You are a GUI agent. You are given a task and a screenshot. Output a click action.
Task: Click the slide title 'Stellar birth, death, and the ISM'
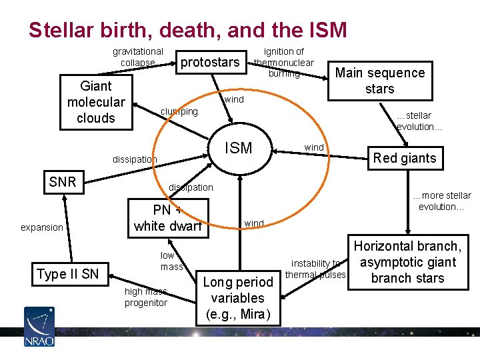188,30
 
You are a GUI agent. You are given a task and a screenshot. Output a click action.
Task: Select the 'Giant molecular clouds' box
96,102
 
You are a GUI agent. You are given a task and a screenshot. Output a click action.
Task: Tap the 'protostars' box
210,62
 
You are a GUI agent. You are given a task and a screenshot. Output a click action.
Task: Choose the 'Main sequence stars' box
379,81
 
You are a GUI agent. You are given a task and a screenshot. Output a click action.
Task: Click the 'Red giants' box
404,158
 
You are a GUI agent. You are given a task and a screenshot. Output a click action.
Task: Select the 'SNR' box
63,181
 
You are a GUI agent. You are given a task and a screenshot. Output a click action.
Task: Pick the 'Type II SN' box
67,273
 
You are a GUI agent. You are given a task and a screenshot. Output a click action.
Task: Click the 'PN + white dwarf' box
167,218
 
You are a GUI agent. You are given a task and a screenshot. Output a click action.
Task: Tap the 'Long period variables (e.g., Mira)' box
238,298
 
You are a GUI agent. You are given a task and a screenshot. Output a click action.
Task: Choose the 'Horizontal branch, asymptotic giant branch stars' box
407,262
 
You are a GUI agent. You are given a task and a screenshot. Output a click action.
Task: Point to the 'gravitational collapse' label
137,57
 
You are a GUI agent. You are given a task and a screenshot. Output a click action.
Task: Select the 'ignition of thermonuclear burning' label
284,62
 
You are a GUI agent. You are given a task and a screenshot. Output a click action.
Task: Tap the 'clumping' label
179,111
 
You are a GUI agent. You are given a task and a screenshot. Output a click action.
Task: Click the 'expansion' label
41,227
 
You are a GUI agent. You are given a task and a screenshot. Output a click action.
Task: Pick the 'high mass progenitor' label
145,297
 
